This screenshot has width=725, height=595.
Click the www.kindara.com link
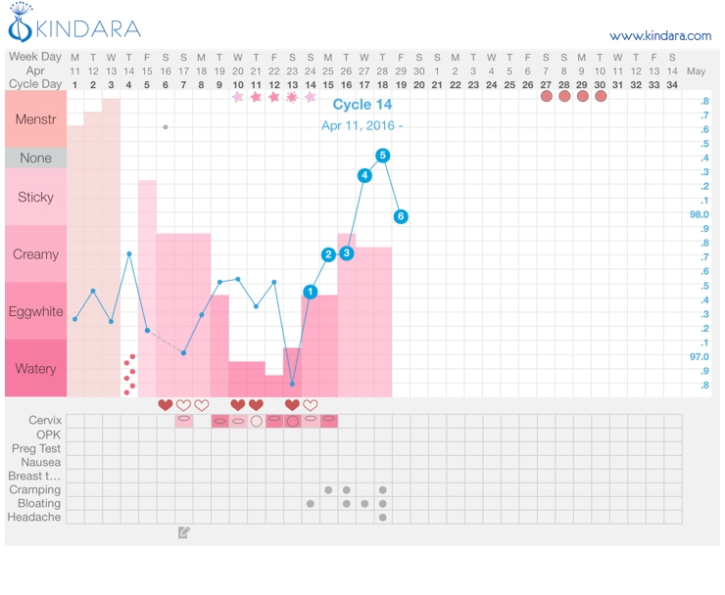(x=660, y=36)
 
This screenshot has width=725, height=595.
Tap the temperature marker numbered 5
(x=383, y=155)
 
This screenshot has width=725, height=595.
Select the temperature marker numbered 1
(x=311, y=292)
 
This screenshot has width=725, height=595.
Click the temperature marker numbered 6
(x=401, y=216)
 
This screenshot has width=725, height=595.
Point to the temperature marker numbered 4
(x=364, y=175)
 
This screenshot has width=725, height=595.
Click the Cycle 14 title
(x=362, y=105)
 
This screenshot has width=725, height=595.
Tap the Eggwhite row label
(x=35, y=311)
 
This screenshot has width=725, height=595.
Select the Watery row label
(x=35, y=369)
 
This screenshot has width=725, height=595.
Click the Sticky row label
(x=35, y=197)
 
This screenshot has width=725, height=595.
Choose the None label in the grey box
(x=35, y=158)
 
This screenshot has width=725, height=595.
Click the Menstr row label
(x=35, y=119)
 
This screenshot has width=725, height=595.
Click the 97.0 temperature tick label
(x=700, y=357)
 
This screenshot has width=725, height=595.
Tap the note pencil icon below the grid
(x=184, y=533)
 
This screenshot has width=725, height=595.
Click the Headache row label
(x=35, y=517)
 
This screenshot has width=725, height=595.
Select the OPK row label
(x=48, y=435)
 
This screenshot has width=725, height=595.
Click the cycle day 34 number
(x=671, y=85)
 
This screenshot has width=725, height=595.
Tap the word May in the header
(x=697, y=71)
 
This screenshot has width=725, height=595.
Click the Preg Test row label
(x=36, y=448)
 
